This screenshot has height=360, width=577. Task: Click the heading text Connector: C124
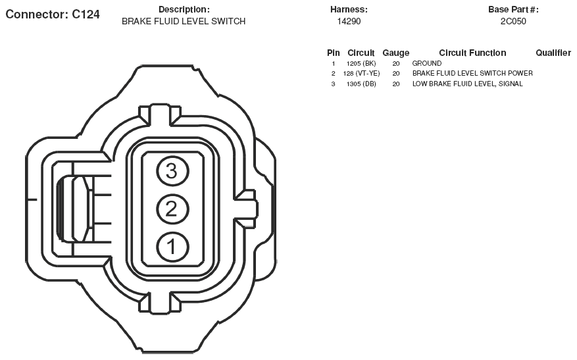click(53, 14)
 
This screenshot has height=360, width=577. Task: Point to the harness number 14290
click(349, 21)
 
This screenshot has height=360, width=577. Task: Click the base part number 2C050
click(513, 21)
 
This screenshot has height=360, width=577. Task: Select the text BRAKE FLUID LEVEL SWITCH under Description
click(184, 21)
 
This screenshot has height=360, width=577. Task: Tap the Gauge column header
click(396, 53)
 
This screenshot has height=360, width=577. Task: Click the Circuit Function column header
click(472, 53)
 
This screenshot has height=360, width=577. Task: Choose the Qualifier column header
click(553, 53)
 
